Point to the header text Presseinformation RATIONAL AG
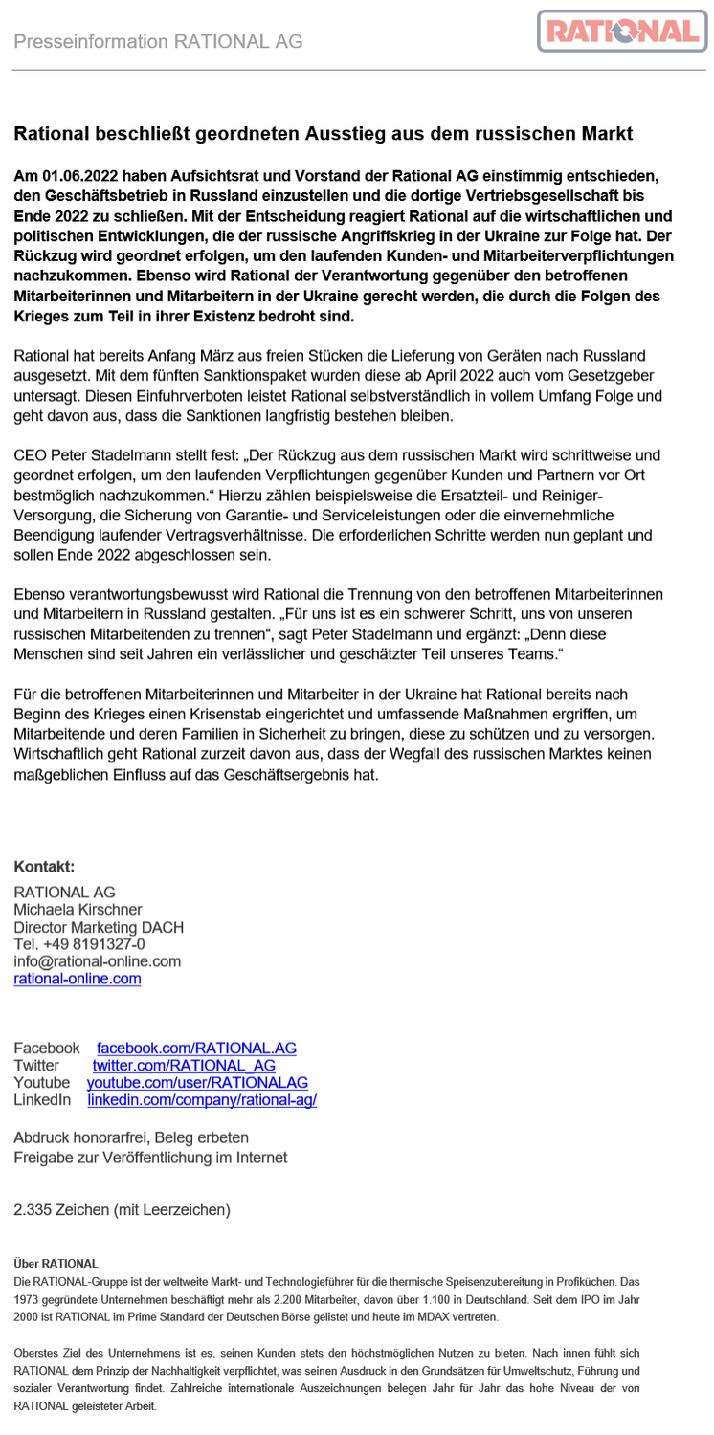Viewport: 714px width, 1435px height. click(158, 41)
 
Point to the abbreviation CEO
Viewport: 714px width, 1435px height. click(30, 455)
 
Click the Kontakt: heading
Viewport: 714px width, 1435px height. click(44, 867)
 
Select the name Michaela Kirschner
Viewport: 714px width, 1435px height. click(78, 909)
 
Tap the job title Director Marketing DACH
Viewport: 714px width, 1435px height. click(99, 926)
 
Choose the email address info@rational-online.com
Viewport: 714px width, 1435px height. click(97, 960)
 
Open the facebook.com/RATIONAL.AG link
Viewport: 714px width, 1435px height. click(196, 1048)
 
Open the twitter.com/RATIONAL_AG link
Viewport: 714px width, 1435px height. click(184, 1065)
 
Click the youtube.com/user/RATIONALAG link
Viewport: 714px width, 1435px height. click(197, 1082)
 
